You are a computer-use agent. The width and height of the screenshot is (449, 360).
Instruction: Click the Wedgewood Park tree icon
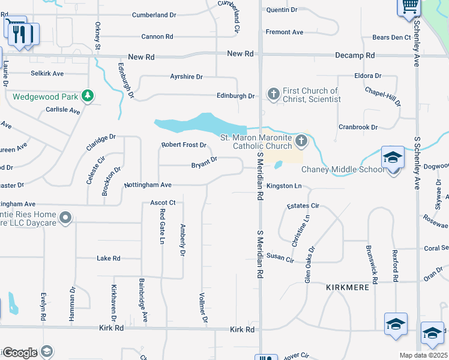click(88, 95)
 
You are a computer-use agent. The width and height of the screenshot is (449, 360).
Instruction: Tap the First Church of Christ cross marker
click(274, 94)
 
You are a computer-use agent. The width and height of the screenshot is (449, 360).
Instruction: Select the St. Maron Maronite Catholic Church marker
click(301, 142)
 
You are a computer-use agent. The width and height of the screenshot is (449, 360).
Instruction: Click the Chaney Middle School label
click(343, 169)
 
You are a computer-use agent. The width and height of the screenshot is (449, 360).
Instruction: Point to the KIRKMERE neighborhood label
click(348, 287)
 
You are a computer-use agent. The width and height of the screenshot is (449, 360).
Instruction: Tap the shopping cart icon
click(410, 6)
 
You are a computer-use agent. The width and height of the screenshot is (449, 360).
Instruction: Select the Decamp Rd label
click(354, 55)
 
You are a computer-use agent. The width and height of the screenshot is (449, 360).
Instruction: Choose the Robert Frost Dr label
click(184, 145)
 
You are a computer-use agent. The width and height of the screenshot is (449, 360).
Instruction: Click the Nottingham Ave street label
click(148, 185)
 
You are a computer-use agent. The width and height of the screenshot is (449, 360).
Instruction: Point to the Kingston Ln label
click(284, 186)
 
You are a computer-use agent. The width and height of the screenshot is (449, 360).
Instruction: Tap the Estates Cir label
click(303, 206)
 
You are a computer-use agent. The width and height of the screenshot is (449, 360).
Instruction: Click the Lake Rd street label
click(109, 259)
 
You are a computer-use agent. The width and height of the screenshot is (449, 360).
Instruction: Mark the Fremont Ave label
click(285, 32)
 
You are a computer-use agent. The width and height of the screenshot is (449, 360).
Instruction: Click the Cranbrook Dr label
click(358, 127)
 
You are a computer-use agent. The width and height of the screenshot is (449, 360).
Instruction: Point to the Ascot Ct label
click(162, 203)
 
